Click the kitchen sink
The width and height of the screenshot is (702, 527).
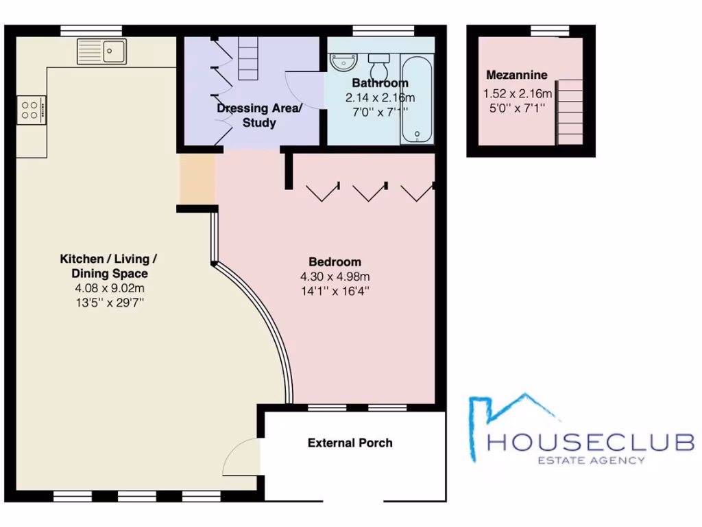101,51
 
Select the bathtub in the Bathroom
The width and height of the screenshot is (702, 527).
416,99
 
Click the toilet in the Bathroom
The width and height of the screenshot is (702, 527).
378,67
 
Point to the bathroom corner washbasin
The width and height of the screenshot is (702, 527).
340,62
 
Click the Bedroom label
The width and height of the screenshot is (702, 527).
335,262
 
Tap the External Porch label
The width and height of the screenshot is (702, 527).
350,443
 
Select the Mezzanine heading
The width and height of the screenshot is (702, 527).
516,75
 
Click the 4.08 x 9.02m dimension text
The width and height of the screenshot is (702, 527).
110,288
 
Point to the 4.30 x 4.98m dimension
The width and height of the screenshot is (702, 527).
335,277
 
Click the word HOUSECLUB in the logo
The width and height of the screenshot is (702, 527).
590,442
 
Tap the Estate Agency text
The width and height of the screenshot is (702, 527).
590,460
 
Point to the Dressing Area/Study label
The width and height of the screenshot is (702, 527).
258,115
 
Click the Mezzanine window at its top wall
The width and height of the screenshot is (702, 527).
550,30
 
